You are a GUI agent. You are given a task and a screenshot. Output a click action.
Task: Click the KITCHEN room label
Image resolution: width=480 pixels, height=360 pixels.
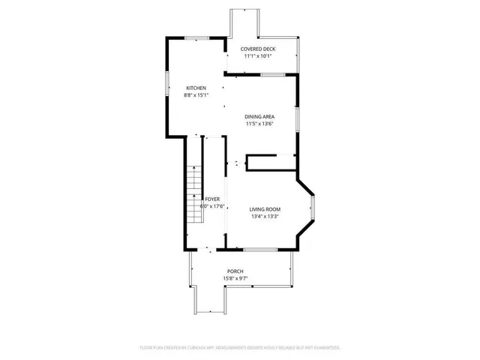click(196, 88)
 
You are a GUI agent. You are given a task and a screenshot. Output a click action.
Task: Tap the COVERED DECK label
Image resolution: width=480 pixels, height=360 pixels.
click(257, 49)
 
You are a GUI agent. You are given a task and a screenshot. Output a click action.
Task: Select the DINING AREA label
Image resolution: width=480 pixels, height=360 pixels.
click(259, 116)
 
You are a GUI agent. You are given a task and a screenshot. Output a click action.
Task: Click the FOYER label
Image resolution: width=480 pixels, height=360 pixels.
click(212, 199)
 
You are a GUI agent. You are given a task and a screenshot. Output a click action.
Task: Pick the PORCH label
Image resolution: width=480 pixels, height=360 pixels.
click(235, 271)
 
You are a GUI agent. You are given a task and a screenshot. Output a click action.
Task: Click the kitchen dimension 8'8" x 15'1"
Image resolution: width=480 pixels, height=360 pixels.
click(196, 95)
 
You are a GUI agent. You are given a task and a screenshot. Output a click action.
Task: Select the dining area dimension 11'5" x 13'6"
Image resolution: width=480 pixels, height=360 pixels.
click(259, 124)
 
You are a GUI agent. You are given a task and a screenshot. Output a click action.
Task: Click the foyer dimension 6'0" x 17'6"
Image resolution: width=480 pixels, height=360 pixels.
click(212, 206)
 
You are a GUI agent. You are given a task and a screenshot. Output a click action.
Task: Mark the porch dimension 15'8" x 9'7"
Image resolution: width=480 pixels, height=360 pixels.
click(235, 279)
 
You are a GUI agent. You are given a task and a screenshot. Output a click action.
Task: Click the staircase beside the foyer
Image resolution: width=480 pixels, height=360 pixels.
click(194, 191)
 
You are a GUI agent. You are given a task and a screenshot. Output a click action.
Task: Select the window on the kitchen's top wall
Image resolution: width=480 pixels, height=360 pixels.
click(197, 37)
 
